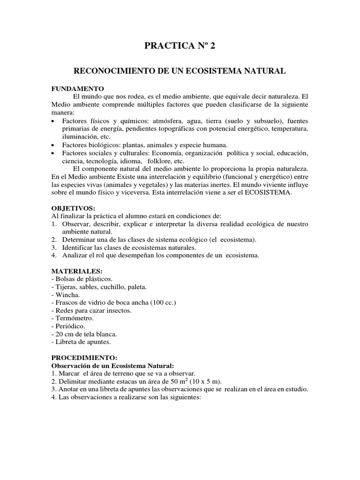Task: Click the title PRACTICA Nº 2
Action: (180, 45)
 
